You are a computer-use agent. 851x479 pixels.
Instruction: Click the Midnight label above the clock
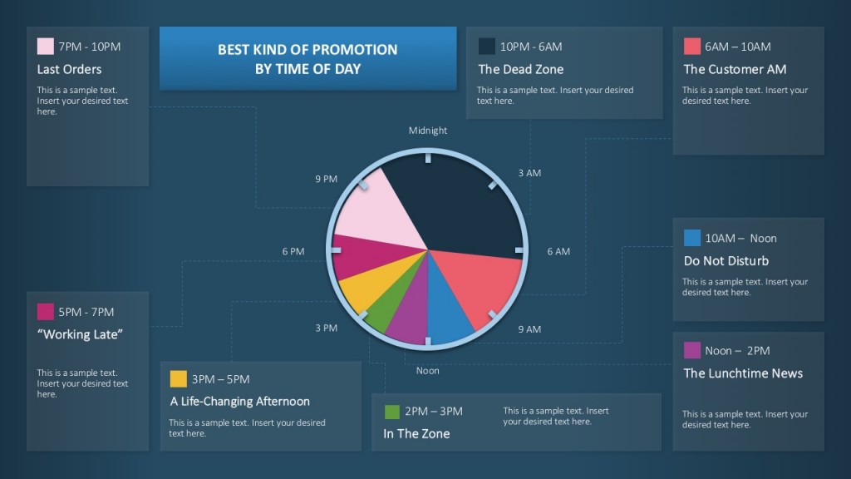point(428,131)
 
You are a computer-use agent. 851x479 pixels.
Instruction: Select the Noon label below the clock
point(428,371)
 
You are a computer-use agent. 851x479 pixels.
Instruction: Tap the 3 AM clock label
point(529,173)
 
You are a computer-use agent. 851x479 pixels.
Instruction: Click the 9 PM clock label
point(326,179)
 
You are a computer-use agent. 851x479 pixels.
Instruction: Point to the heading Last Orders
point(69,70)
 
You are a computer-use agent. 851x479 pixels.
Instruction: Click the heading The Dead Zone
point(520,70)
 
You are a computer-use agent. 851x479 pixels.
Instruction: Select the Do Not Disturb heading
point(726,261)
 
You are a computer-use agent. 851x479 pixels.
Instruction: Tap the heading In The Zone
point(416,434)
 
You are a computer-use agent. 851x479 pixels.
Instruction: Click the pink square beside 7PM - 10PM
point(46,47)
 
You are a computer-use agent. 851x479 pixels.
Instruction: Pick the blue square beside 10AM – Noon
point(692,239)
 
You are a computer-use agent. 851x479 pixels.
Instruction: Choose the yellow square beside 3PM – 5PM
point(178,379)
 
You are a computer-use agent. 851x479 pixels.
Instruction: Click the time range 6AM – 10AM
point(737,47)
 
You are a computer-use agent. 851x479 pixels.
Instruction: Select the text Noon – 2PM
point(737,351)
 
